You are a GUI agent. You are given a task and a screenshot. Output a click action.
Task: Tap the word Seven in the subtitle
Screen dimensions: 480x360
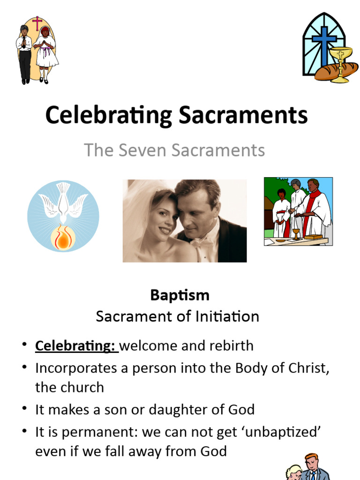pos(137,150)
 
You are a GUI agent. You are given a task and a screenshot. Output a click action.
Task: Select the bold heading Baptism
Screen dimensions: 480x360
pos(180,295)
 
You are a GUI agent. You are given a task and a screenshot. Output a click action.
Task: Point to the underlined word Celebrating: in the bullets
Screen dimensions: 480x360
pos(75,346)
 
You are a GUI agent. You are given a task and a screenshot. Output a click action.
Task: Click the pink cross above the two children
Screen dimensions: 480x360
pos(37,22)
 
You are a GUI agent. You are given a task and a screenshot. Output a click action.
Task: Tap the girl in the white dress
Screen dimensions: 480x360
pos(46,54)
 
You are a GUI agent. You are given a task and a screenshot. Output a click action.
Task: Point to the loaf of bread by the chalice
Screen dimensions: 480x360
pos(328,72)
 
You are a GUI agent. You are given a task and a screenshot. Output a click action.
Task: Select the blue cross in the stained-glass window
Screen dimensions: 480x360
pos(324,42)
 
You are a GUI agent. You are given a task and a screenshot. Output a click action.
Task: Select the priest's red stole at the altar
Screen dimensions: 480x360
pos(308,211)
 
